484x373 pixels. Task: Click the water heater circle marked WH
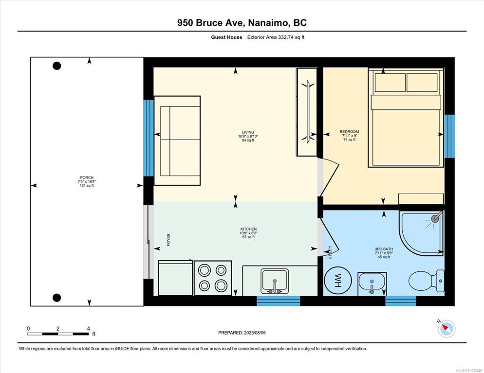pos(338,281)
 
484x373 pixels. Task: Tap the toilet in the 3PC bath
pos(426,281)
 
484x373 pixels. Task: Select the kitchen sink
pos(275,281)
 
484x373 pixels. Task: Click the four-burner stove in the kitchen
pos(213,278)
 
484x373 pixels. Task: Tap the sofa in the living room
pos(178,141)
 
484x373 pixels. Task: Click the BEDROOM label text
pos(350,132)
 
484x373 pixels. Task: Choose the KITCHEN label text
pos(248,229)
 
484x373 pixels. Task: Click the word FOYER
pos(168,240)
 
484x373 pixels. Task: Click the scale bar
pos(58,334)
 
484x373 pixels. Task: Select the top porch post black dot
pos(57,66)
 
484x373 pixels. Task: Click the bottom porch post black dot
pos(57,298)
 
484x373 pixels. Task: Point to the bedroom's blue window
pos(449,136)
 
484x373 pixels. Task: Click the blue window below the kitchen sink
pos(279,301)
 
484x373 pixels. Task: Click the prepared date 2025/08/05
pos(255,333)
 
